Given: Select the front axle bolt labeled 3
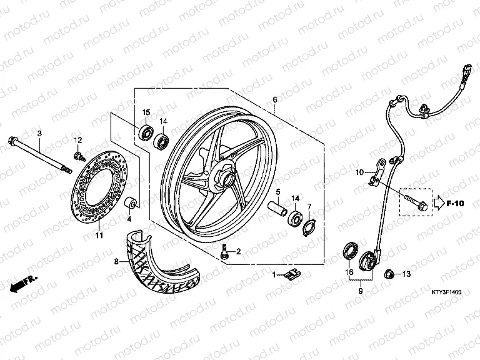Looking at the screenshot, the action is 40,155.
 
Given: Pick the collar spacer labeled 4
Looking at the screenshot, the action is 131,202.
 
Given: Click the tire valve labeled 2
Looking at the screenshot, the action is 224,252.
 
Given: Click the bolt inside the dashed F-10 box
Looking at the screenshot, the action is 418,203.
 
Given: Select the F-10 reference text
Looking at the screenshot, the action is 455,203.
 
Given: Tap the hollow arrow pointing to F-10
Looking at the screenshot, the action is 439,203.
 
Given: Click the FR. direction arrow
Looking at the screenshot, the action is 22,284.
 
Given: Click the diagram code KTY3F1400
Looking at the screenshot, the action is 446,292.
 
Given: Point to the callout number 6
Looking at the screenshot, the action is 274,99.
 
